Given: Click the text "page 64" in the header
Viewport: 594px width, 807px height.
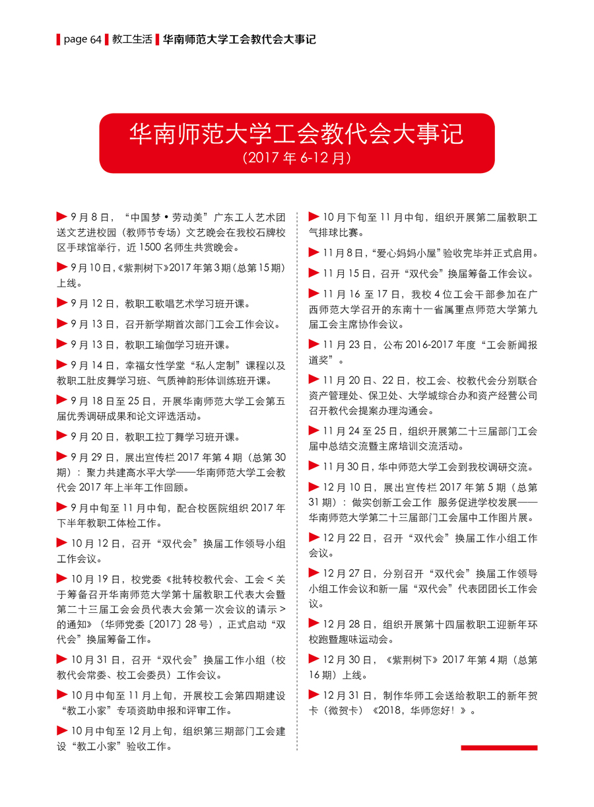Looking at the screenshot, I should coord(82,40).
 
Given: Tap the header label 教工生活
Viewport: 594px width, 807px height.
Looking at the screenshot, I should coord(132,40).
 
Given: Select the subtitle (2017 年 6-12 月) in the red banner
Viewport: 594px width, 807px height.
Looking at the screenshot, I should coord(296,158).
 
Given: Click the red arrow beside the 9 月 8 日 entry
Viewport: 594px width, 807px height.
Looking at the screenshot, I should coord(62,216).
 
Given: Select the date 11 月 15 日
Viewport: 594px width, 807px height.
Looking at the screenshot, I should coord(347,273).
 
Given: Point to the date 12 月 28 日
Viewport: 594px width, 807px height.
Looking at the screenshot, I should coord(347,623).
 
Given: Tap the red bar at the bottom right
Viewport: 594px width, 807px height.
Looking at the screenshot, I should coord(499,748).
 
